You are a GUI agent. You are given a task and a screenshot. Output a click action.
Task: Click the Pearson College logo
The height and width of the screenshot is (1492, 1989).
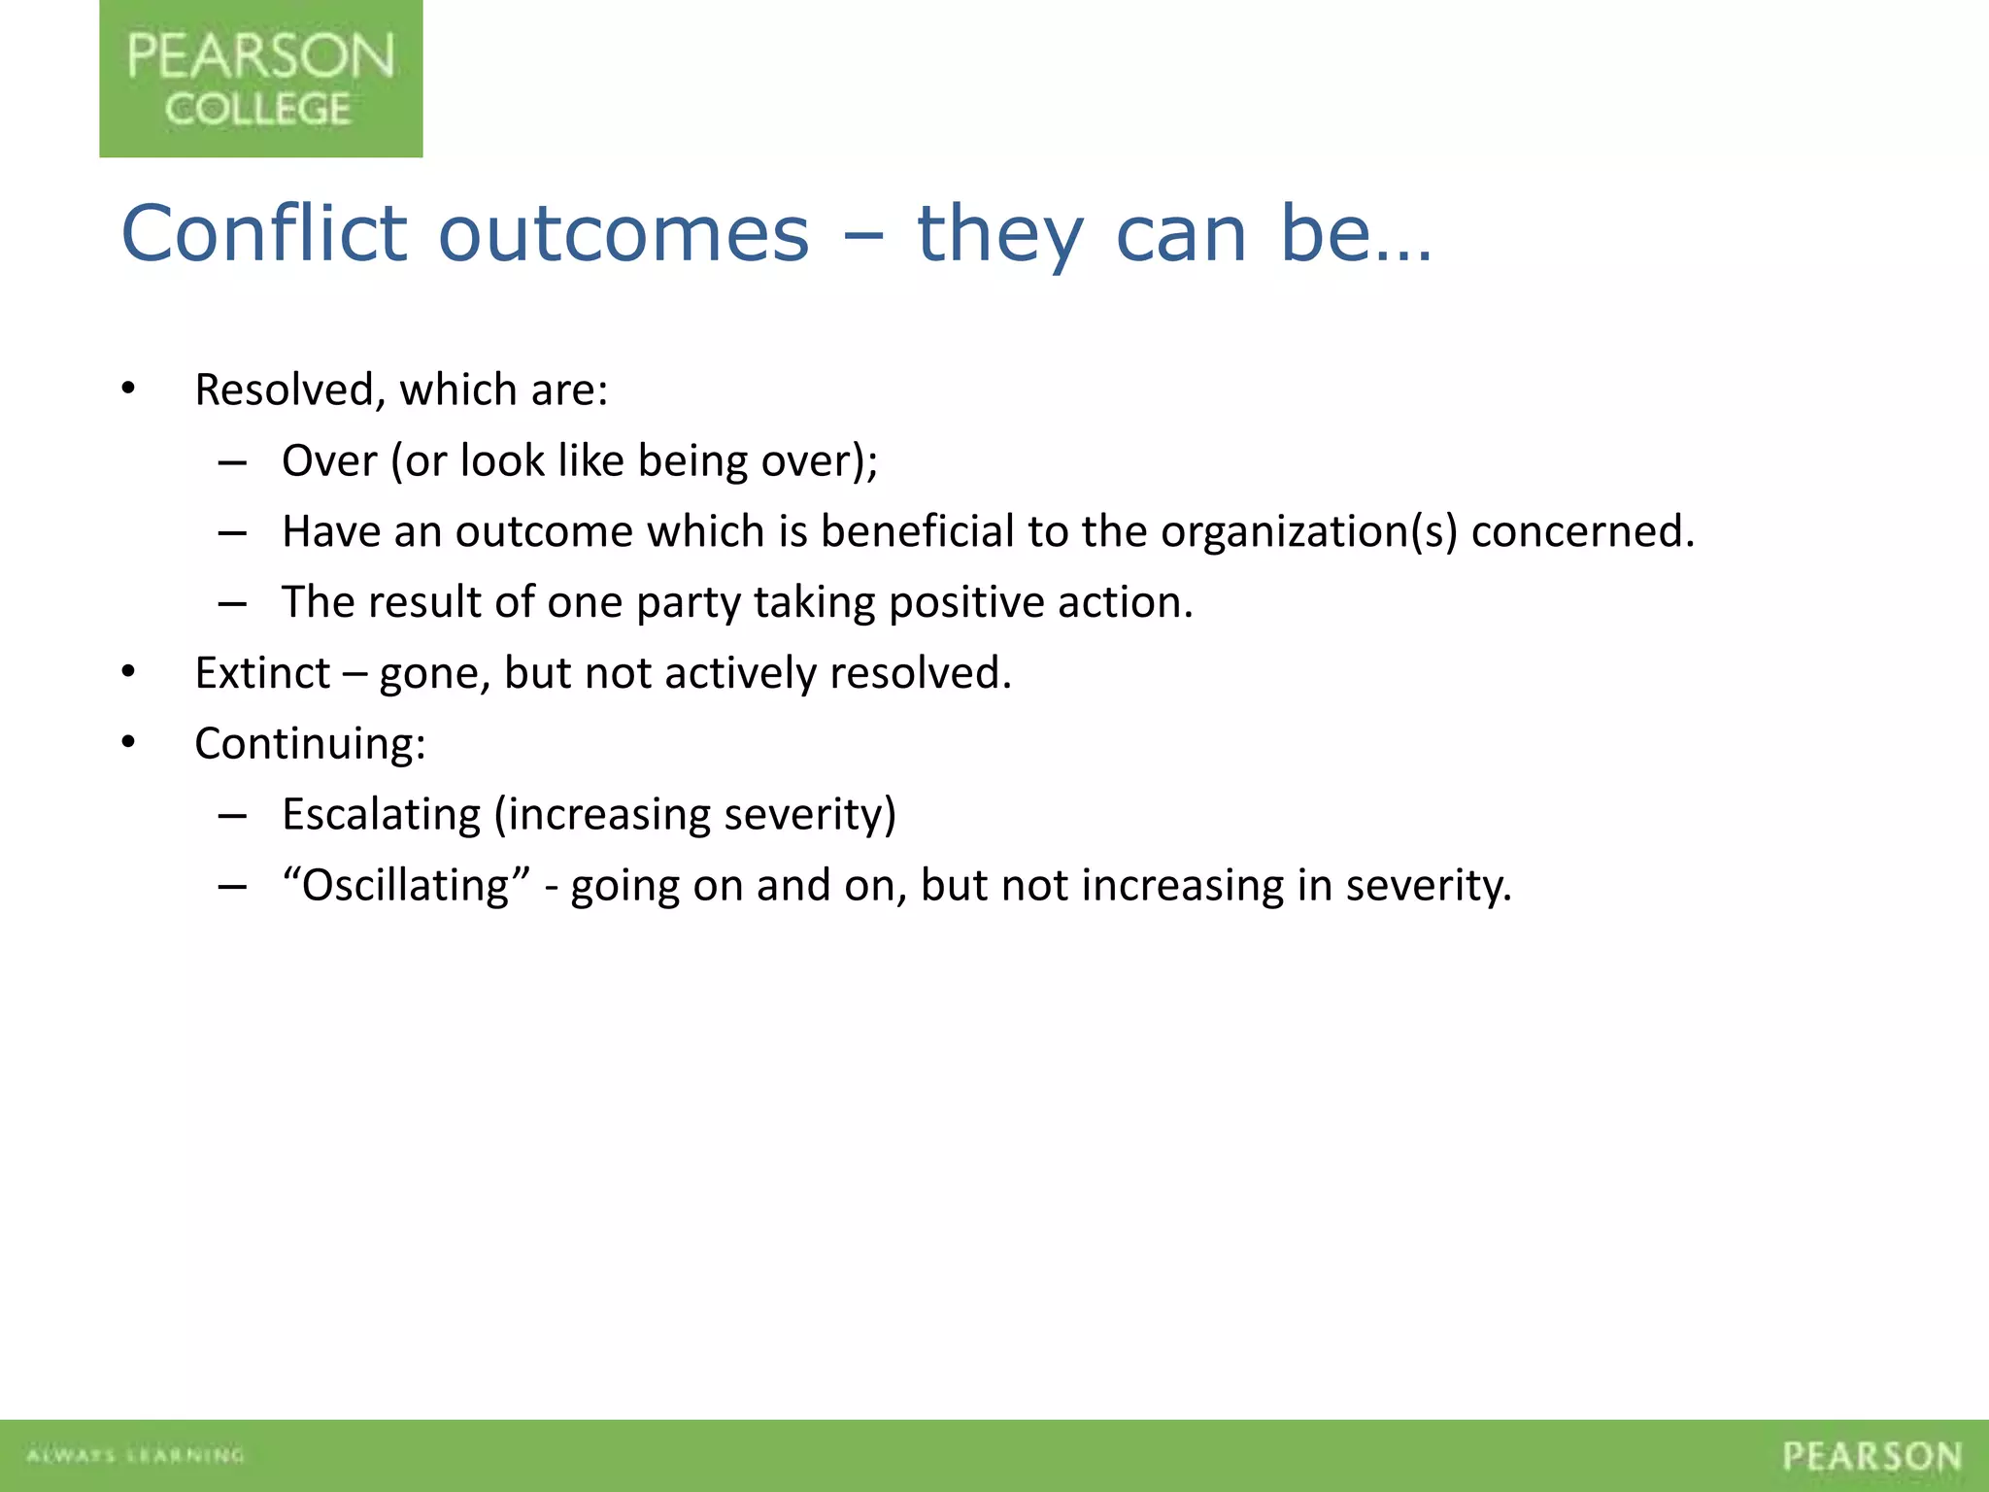coord(260,79)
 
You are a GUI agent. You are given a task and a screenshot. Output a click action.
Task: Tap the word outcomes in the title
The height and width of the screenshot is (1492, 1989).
coord(624,235)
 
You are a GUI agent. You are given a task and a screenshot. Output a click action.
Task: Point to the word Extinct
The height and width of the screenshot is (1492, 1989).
coord(262,673)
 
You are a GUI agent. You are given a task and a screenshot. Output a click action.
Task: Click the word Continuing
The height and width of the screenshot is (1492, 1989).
coord(310,744)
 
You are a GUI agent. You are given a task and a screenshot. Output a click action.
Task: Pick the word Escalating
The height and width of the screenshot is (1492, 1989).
coord(381,815)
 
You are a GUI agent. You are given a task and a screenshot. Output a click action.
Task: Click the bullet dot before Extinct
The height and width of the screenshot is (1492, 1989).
coord(128,672)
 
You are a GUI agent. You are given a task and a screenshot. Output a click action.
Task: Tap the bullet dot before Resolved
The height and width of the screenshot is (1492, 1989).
coord(128,389)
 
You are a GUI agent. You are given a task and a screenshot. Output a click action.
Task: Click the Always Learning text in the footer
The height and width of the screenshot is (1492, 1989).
coord(135,1455)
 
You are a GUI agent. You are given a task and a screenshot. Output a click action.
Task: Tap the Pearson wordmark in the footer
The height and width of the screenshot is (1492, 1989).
coord(1871,1456)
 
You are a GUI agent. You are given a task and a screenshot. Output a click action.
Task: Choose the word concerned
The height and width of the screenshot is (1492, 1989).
coord(1582,531)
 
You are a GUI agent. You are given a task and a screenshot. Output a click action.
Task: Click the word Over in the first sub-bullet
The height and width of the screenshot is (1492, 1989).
coord(329,461)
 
